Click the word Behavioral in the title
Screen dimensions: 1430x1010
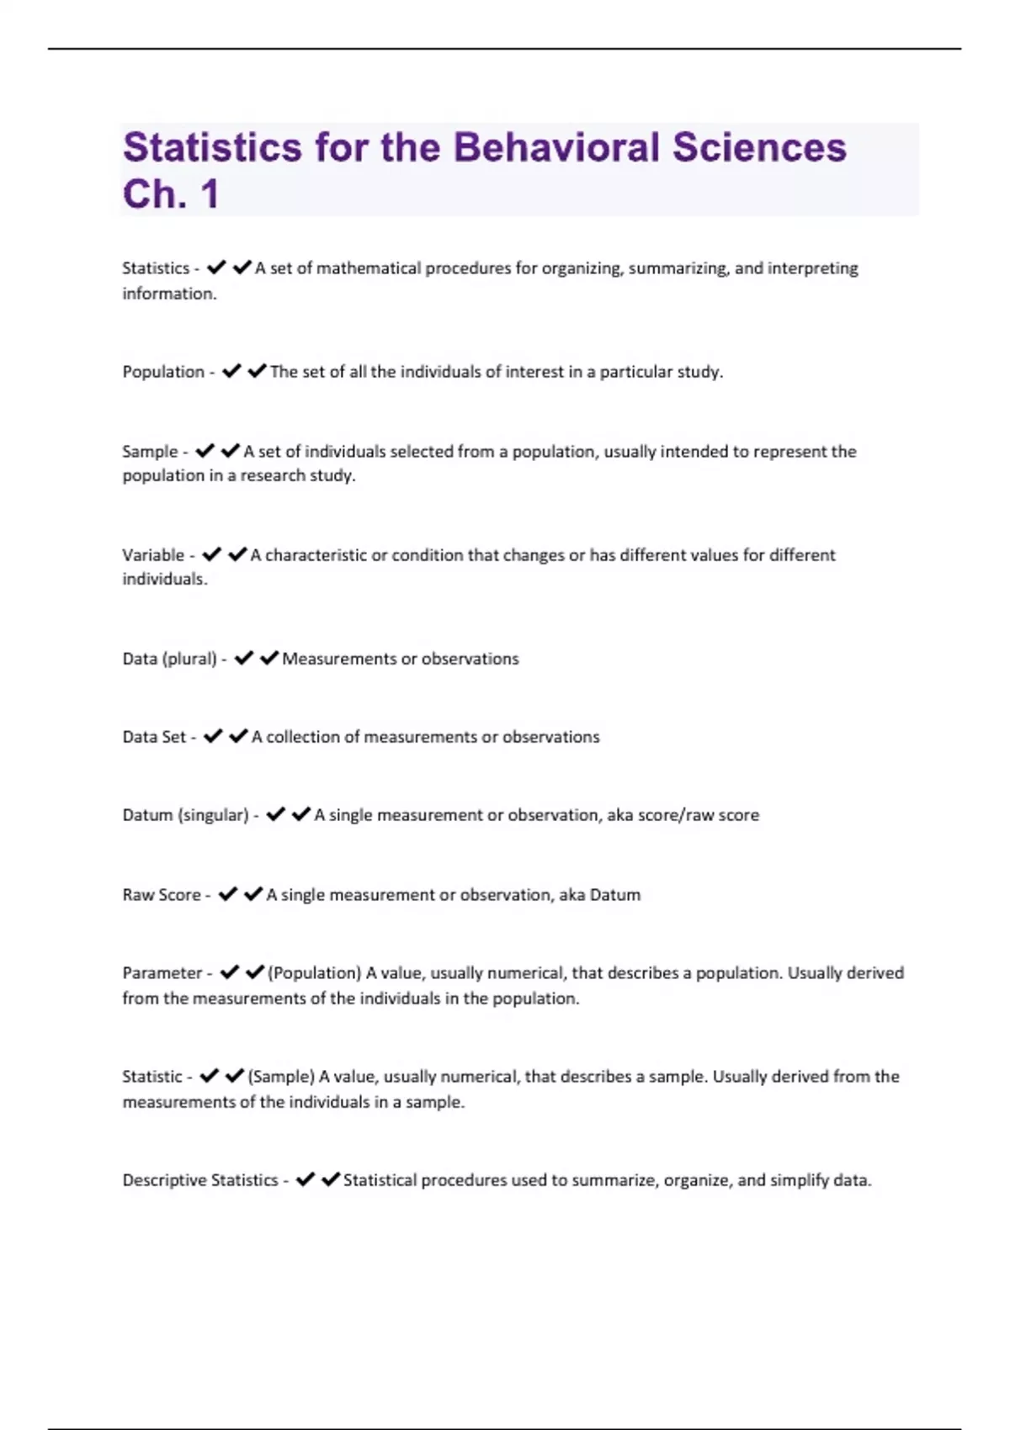[x=555, y=148]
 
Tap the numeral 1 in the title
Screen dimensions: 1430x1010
[x=210, y=194]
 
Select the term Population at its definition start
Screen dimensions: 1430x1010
[x=163, y=372]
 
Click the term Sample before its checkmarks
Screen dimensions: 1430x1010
[x=150, y=452]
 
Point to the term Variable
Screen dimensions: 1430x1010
[x=153, y=555]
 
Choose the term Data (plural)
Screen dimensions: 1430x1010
[x=169, y=659]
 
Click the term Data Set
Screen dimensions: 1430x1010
[x=154, y=737]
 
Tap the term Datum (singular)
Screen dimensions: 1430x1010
[x=185, y=815]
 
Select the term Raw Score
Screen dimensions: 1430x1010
[x=162, y=895]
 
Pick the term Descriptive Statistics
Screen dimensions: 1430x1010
[x=200, y=1180]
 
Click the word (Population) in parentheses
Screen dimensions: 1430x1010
[x=315, y=973]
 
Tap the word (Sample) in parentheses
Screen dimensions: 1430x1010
[x=282, y=1077]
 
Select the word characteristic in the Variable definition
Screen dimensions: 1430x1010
[x=316, y=555]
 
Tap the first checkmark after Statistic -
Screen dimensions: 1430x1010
[x=210, y=1076]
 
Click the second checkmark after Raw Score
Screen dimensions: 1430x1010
[x=253, y=894]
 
